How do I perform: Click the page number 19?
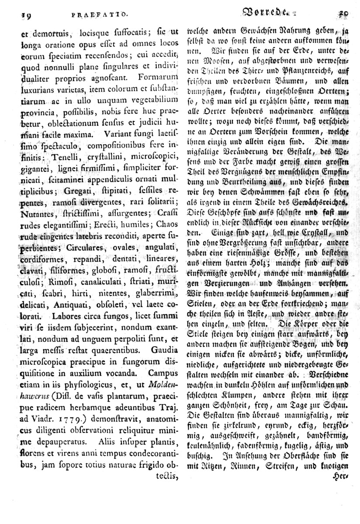coord(18,14)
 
